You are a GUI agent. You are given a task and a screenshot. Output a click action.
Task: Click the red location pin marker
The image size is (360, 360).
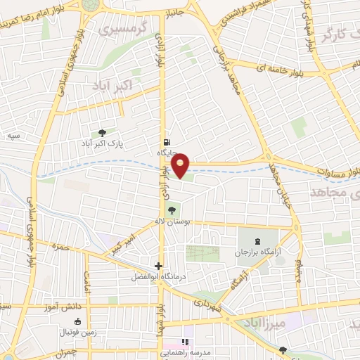point(181,165)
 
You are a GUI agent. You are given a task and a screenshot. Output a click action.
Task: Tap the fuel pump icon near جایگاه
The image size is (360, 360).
point(166,141)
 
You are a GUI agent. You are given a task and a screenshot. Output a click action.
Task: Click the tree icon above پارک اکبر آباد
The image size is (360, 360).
point(103,132)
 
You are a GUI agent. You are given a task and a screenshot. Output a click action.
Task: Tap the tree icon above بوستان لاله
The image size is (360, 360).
point(170,210)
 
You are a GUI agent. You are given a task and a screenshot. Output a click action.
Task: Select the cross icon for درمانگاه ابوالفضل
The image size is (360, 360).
point(158,266)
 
